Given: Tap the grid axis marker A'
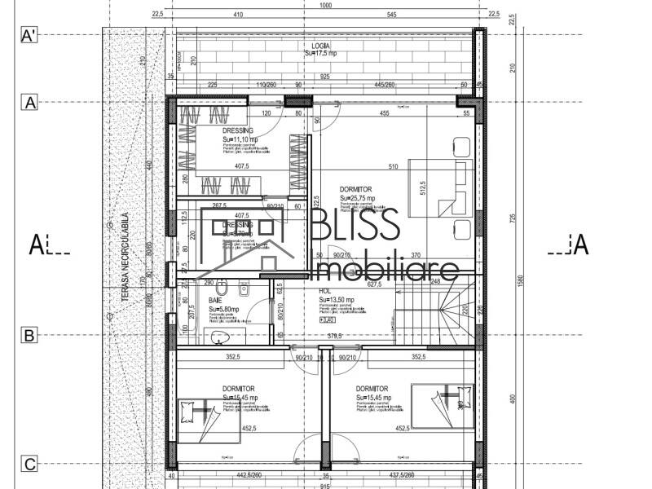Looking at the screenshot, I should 29,35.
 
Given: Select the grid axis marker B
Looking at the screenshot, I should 29,334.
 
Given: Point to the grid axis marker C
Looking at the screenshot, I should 29,465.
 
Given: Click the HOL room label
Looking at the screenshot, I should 324,290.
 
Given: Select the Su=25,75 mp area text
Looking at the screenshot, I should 357,198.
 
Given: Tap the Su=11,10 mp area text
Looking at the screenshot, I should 240,139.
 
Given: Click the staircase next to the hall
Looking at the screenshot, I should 436,314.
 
